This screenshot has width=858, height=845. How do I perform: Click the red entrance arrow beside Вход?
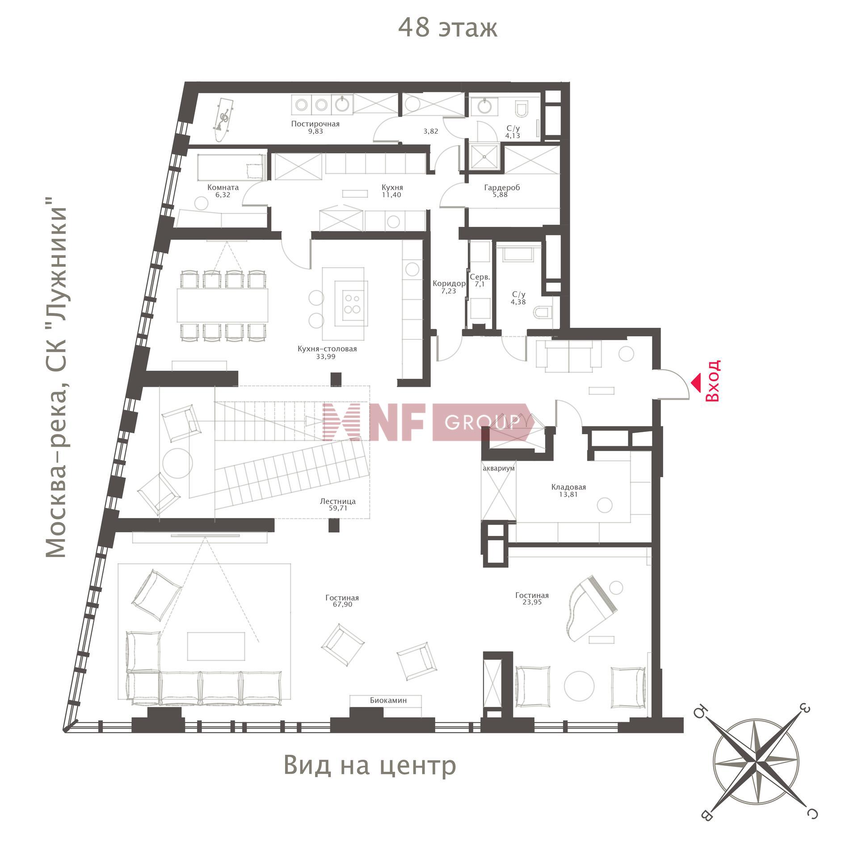pos(696,382)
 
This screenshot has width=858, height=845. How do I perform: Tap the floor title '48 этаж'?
pos(447,28)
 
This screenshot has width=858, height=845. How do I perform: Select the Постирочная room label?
pos(315,124)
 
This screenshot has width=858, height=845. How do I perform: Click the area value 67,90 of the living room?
pos(342,604)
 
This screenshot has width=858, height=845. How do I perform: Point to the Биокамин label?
pos(388,700)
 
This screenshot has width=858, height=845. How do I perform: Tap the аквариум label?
pos(499,469)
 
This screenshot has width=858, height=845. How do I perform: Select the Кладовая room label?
pos(568,487)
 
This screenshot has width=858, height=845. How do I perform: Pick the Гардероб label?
pos(502,188)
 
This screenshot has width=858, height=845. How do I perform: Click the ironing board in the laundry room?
pos(224,118)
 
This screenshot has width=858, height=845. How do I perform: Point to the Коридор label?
pos(449,284)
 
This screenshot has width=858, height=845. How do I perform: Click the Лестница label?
pos(337,502)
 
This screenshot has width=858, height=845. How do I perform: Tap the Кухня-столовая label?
pos(327,349)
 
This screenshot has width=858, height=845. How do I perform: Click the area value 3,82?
pos(430,131)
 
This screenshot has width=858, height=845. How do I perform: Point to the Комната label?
pos(223,188)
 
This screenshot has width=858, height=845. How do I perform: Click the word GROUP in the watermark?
pos(483,422)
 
